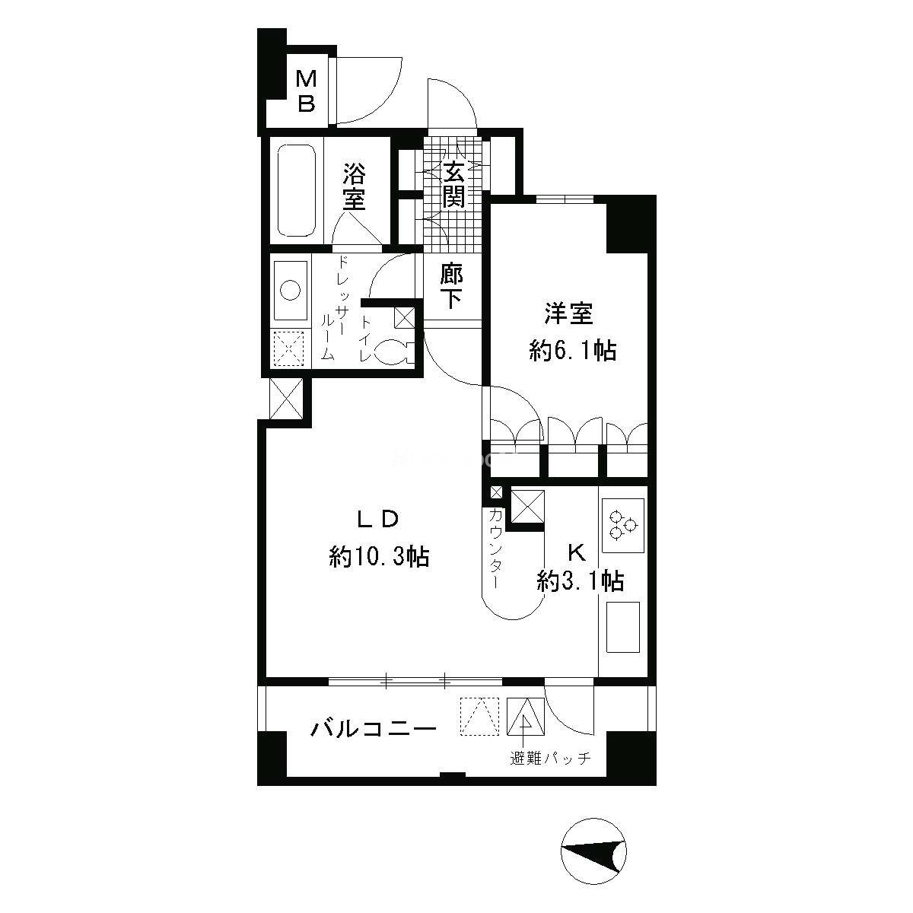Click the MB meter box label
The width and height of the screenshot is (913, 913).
click(307, 91)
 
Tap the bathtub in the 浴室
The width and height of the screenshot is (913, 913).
click(297, 190)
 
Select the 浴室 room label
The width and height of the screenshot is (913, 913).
click(355, 186)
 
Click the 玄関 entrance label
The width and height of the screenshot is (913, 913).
click(453, 184)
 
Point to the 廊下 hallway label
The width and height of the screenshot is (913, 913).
click(451, 286)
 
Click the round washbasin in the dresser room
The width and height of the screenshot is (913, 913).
click(290, 290)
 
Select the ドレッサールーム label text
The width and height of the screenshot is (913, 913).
click(335, 308)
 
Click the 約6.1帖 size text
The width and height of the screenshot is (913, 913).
click(572, 351)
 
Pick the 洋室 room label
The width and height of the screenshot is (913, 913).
click(568, 313)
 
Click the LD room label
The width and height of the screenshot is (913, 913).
click(377, 520)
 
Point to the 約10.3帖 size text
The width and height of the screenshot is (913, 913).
click(379, 556)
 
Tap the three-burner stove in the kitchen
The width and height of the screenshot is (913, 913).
click(622, 526)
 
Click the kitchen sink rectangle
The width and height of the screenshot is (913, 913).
click(623, 627)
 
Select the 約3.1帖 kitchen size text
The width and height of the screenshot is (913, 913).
click(580, 581)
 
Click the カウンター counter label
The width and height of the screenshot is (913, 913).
click(495, 548)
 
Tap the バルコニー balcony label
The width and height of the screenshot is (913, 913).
click(373, 728)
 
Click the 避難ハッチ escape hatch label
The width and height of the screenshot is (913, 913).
click(551, 759)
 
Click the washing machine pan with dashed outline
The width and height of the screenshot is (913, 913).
click(289, 348)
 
